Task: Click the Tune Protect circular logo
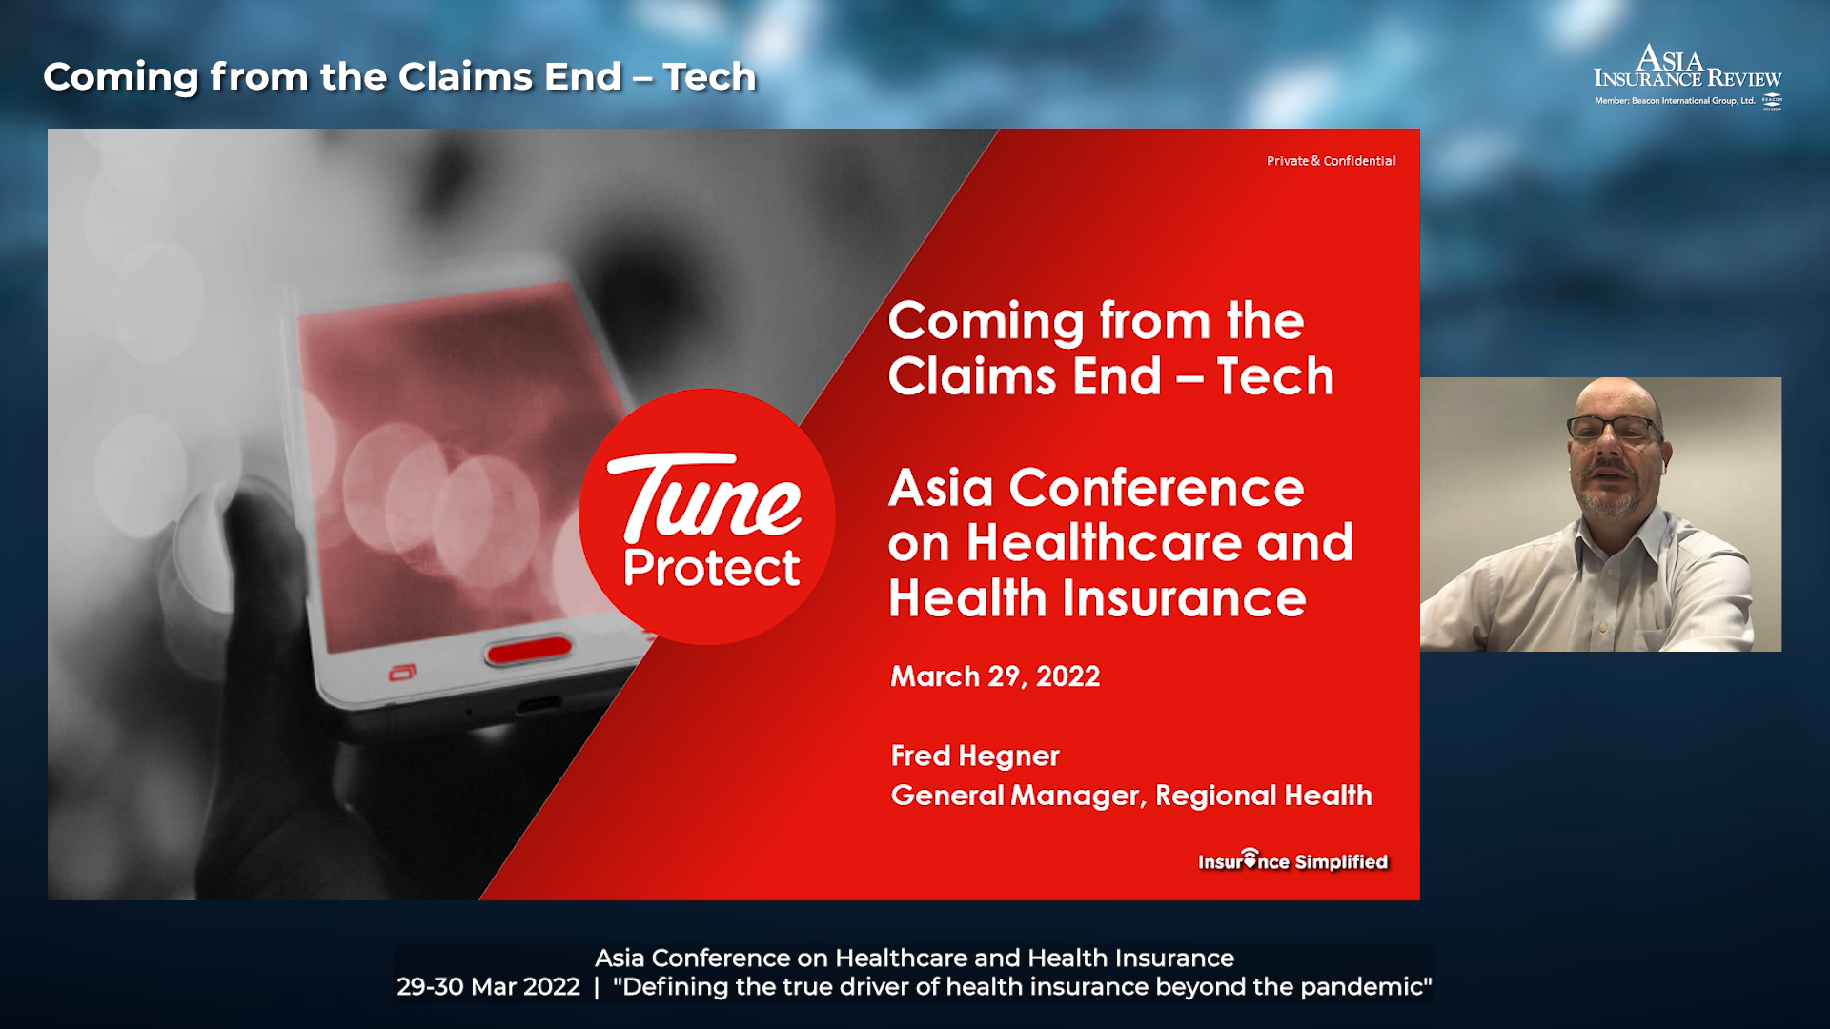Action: pos(707,516)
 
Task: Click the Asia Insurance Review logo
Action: pos(1688,76)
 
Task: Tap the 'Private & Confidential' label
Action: pos(1331,161)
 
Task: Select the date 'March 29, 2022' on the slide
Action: pos(995,676)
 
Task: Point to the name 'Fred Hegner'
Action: pos(975,756)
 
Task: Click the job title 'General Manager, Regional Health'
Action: pos(1131,796)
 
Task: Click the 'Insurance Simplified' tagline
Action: pos(1292,860)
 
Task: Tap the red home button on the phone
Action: pos(529,651)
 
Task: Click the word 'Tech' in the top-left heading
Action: pos(710,77)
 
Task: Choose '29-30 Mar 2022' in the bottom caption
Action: pos(488,987)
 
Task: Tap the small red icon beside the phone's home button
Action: pos(401,674)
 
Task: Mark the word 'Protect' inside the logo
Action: pos(711,569)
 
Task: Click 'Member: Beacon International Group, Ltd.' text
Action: pos(1675,101)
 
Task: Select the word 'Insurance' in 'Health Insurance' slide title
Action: pos(1184,598)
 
